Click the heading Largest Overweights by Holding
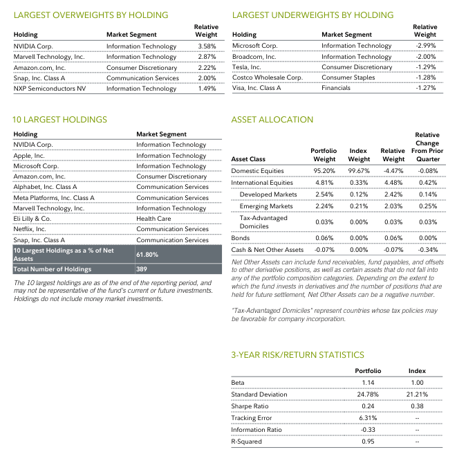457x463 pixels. (91, 15)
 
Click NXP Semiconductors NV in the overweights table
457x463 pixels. (50, 89)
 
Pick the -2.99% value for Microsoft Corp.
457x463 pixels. (425, 46)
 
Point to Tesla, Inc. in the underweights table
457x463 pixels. (248, 67)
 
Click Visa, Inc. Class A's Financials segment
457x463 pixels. (336, 89)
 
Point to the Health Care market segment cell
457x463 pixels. (153, 219)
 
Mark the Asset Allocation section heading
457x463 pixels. (272, 120)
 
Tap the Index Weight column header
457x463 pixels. (359, 154)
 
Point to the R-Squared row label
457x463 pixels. (248, 441)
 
